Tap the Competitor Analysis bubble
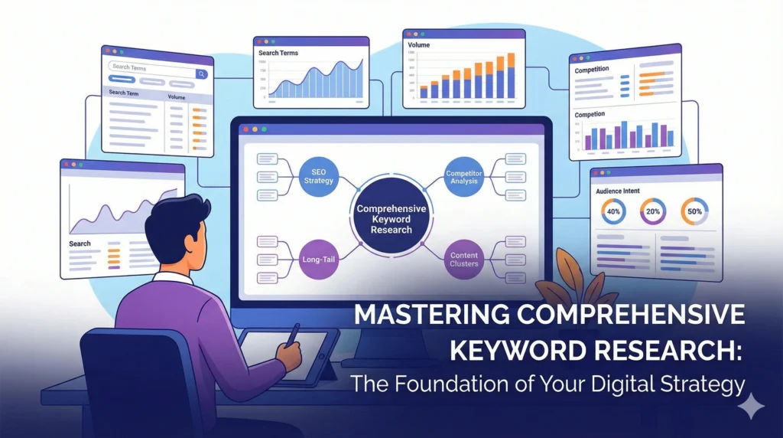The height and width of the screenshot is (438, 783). pos(464,177)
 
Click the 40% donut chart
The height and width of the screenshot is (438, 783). pos(614,211)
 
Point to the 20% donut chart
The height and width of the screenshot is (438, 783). pos(653,211)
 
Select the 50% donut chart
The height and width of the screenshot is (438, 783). pos(694,211)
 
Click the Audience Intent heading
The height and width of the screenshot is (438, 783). pos(618,191)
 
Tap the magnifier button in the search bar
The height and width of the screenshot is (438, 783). pos(201,74)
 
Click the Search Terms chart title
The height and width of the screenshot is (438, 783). pos(278,53)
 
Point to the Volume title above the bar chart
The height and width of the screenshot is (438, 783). pos(418,45)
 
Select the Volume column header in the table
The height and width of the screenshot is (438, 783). pos(177,97)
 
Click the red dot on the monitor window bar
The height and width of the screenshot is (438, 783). pos(245,129)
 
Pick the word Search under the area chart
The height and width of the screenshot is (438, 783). pos(80,244)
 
